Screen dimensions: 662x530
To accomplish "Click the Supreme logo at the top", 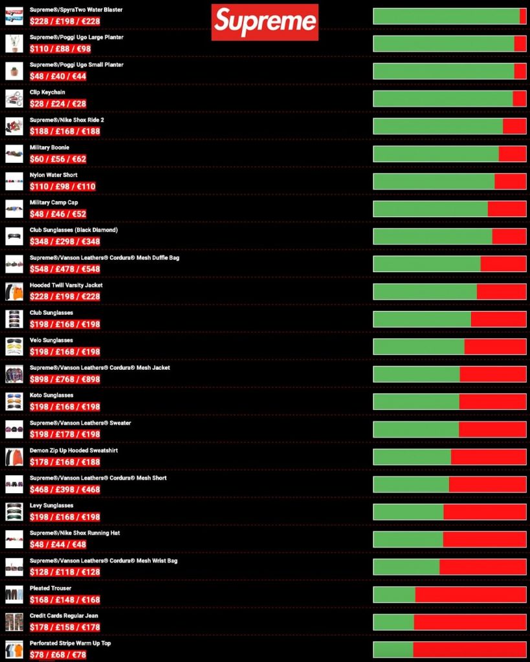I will click(x=265, y=22).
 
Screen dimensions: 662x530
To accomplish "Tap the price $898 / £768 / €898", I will click(x=65, y=379).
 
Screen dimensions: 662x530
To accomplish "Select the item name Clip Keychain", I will click(x=47, y=92).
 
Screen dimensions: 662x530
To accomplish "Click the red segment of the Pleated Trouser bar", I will click(x=470, y=595).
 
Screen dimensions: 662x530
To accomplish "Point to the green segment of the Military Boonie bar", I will click(x=436, y=154).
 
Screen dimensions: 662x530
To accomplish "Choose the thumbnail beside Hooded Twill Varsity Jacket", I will click(x=14, y=292).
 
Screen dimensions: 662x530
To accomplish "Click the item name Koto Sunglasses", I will click(x=51, y=395).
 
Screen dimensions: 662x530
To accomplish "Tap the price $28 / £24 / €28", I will click(x=58, y=104).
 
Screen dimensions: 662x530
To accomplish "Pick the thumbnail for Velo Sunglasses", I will click(x=14, y=347).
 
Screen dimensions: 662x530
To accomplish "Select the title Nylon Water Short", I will click(x=54, y=175).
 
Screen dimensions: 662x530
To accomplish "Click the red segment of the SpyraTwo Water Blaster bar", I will click(x=523, y=16).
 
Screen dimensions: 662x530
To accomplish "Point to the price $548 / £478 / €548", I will click(x=65, y=269).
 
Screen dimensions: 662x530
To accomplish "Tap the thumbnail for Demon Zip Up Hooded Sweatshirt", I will click(x=14, y=457).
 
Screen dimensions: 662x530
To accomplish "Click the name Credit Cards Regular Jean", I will click(x=63, y=615).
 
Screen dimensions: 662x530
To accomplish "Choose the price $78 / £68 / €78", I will click(x=58, y=655).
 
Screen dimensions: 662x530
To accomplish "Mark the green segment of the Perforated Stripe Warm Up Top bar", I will click(x=393, y=650).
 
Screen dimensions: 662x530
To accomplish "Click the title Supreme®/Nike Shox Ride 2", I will click(x=67, y=120).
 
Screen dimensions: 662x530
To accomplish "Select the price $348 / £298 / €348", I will click(x=65, y=242).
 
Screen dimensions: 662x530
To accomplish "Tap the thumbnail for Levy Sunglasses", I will click(x=14, y=512).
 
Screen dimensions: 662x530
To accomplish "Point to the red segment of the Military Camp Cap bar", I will click(x=507, y=209).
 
